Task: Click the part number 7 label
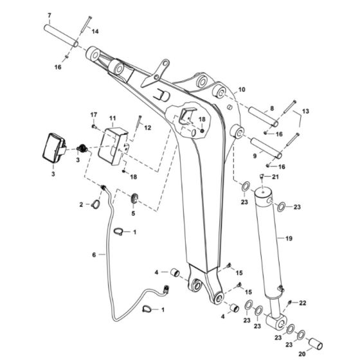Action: [x=50, y=14]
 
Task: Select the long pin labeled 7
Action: [x=60, y=35]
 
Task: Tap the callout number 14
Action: [x=95, y=31]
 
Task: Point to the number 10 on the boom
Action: [x=242, y=90]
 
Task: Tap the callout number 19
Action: [x=289, y=239]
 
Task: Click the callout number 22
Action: [x=304, y=303]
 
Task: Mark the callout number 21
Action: [x=274, y=177]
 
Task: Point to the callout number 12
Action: [x=147, y=127]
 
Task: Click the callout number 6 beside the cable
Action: [x=94, y=255]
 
